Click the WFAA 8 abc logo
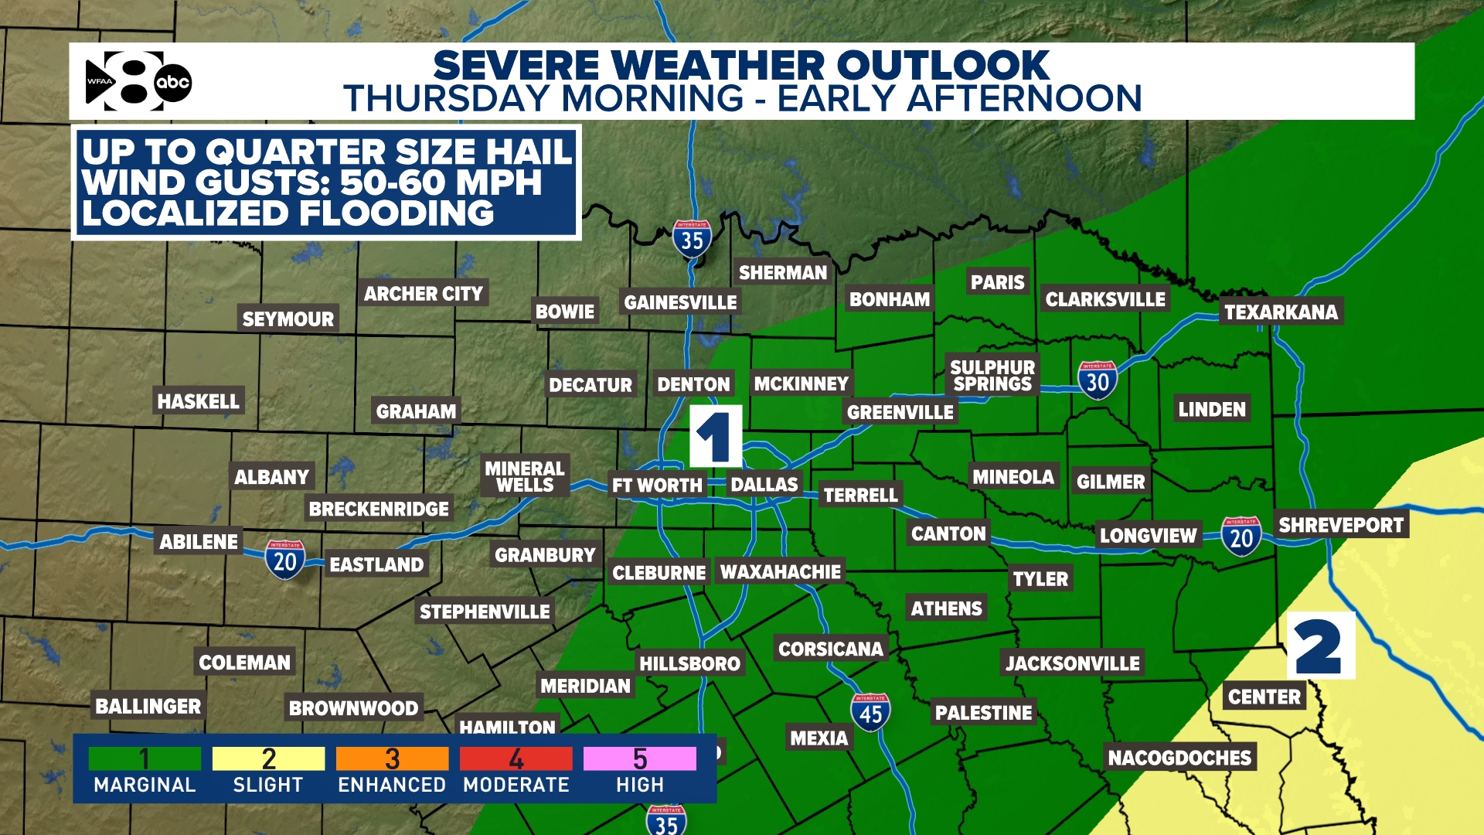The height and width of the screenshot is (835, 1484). pos(138,81)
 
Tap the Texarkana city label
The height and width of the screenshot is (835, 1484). pos(1281,312)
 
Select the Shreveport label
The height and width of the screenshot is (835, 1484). pos(1340,525)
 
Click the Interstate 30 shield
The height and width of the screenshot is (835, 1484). pos(1098,380)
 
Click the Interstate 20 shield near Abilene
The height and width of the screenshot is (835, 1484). pos(284,560)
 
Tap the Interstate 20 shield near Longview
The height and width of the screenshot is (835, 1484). pos(1241,537)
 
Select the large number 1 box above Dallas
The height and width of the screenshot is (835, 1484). pos(715,436)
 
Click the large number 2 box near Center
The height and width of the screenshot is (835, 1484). pos(1320,646)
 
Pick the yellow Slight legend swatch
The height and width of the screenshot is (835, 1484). pos(268,758)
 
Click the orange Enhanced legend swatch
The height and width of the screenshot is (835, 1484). pos(392,758)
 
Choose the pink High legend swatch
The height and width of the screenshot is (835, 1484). pos(639,758)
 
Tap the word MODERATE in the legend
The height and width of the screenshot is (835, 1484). pos(516,785)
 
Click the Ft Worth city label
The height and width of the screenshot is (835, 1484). pos(657,486)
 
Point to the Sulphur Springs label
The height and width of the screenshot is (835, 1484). pos(992,376)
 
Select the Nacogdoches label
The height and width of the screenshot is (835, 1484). pos(1179,758)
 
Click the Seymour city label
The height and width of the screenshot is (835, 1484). pos(288,319)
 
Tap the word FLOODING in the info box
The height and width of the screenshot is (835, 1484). pos(396,213)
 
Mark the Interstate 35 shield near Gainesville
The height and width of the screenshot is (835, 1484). pos(692,240)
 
